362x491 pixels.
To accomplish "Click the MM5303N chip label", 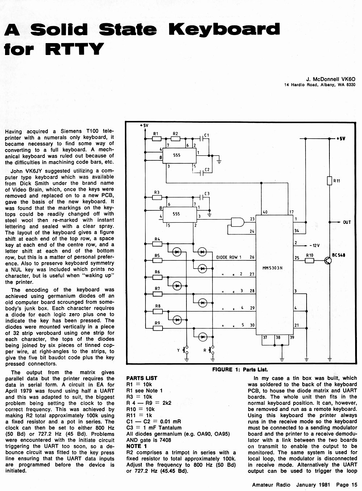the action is (272, 268).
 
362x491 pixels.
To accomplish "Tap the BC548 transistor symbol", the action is (328, 261).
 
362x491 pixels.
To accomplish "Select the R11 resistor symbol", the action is (329, 181).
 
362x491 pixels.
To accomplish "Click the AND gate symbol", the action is (238, 222).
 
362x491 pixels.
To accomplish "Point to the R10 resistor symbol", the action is (310, 261).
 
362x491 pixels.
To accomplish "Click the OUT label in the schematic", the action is (347, 222).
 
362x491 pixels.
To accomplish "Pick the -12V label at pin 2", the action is (315, 246).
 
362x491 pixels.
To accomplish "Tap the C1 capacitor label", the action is (206, 135).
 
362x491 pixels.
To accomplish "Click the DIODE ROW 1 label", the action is (228, 257).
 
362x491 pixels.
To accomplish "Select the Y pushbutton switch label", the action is (178, 350).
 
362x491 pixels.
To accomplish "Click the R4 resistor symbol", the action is (157, 244).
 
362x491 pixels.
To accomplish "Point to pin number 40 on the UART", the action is (265, 212).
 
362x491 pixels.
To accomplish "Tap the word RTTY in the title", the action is (75, 49).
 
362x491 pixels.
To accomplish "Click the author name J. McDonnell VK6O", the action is (331, 79).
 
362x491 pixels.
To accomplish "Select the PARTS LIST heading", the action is (142, 378).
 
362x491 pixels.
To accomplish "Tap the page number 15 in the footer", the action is (354, 485).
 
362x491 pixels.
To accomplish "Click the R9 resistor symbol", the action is (157, 328).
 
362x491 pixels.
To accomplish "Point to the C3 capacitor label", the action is (207, 194).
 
